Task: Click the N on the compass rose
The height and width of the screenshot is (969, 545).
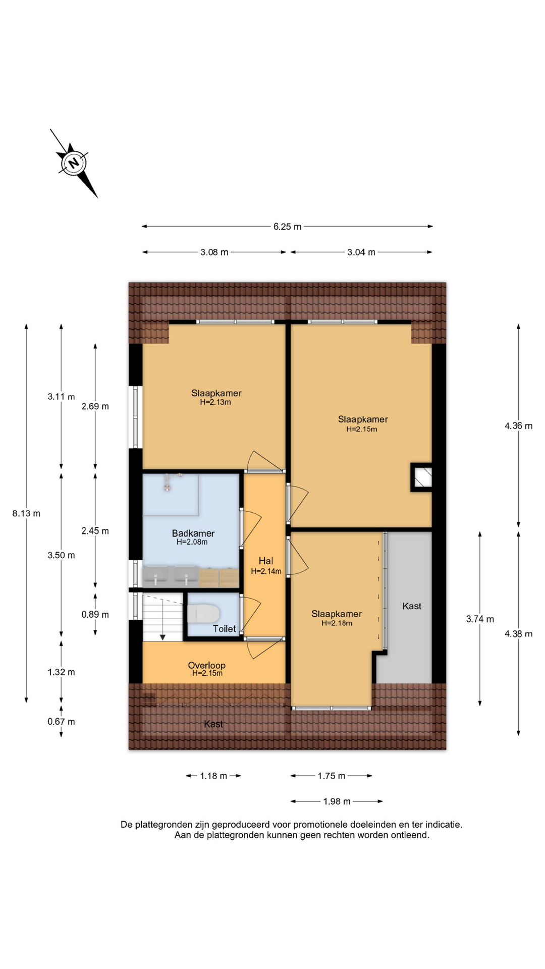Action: coord(74,163)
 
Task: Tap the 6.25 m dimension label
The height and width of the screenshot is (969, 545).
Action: coord(287,227)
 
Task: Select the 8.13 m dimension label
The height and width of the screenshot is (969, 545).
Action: coord(26,513)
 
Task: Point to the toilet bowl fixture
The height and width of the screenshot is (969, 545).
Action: coord(203,614)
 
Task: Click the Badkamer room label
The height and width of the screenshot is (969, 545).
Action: coord(193,533)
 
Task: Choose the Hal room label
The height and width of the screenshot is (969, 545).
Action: coord(266,561)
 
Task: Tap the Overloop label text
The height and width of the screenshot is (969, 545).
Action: coord(206,665)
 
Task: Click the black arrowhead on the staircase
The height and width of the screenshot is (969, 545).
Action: coord(163,637)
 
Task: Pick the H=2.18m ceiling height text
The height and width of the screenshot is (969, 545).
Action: coord(337,623)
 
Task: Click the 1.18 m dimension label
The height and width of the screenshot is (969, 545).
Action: coord(213,776)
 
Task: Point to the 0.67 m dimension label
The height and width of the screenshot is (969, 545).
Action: coord(61,722)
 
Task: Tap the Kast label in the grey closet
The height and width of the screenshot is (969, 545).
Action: coord(412,606)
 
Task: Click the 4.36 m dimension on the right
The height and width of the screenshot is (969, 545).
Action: coord(518,426)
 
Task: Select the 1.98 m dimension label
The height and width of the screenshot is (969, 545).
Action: coord(337,801)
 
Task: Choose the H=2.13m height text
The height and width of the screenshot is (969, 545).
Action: coord(215,402)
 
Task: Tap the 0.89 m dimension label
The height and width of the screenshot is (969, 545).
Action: coord(95,614)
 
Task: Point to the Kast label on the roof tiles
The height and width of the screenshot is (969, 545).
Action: coord(213,724)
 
